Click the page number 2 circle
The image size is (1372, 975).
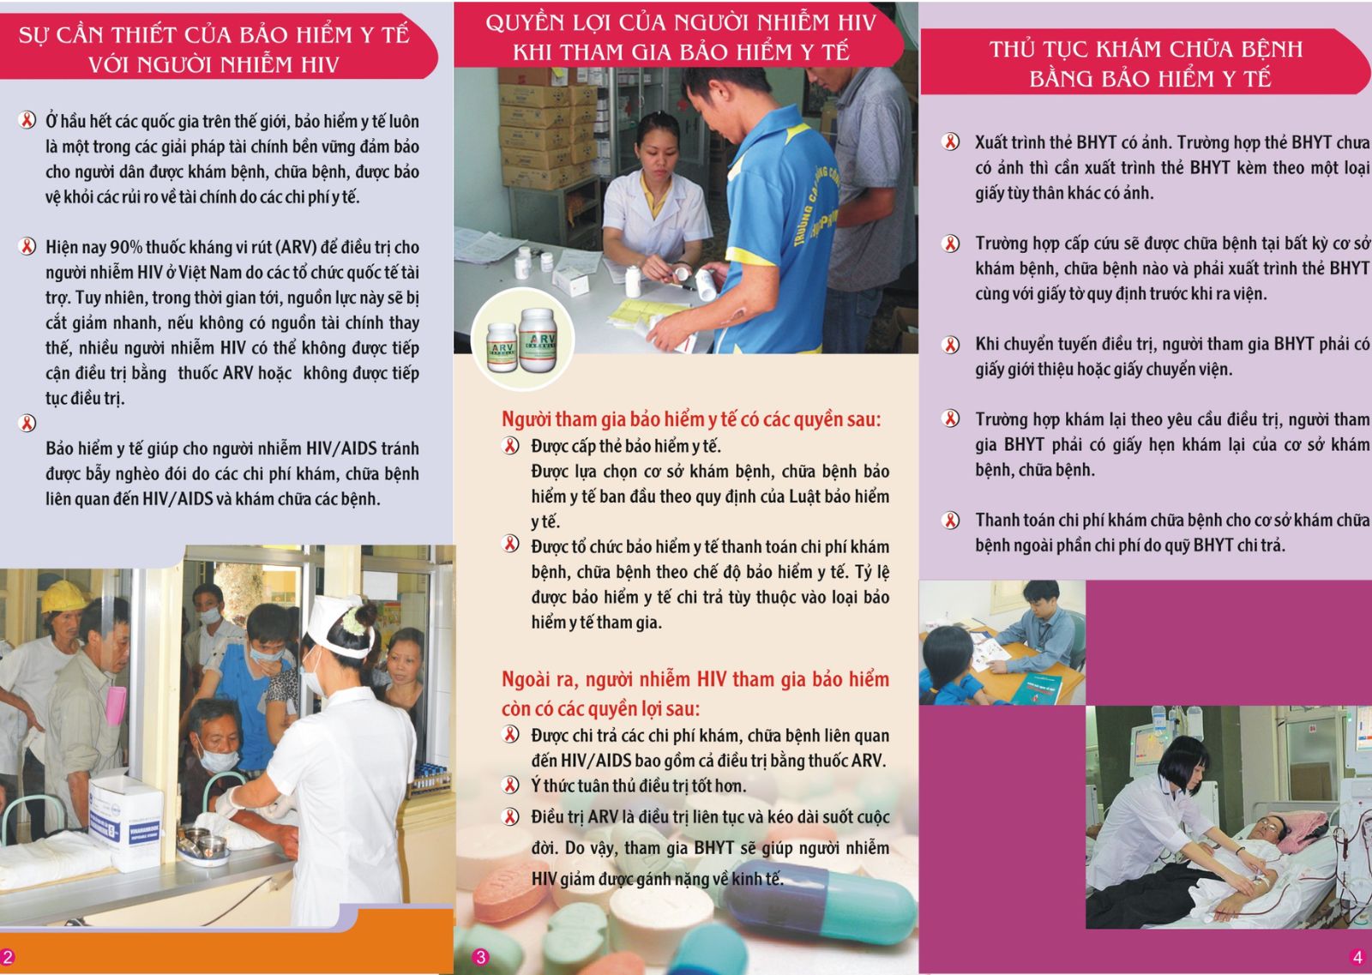(7, 957)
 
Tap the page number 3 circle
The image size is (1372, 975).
(481, 957)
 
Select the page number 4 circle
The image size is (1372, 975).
(1357, 956)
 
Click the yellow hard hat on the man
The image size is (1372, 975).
(63, 596)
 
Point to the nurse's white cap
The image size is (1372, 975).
(338, 626)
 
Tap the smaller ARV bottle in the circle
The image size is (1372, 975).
(502, 347)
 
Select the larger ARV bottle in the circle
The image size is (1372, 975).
(537, 340)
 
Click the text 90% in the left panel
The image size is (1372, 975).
(126, 247)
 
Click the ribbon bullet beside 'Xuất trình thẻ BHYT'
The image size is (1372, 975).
(950, 142)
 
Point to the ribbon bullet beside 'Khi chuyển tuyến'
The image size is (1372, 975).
(950, 345)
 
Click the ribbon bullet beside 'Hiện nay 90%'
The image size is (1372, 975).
(27, 246)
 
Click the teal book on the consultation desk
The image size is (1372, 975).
(1036, 689)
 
